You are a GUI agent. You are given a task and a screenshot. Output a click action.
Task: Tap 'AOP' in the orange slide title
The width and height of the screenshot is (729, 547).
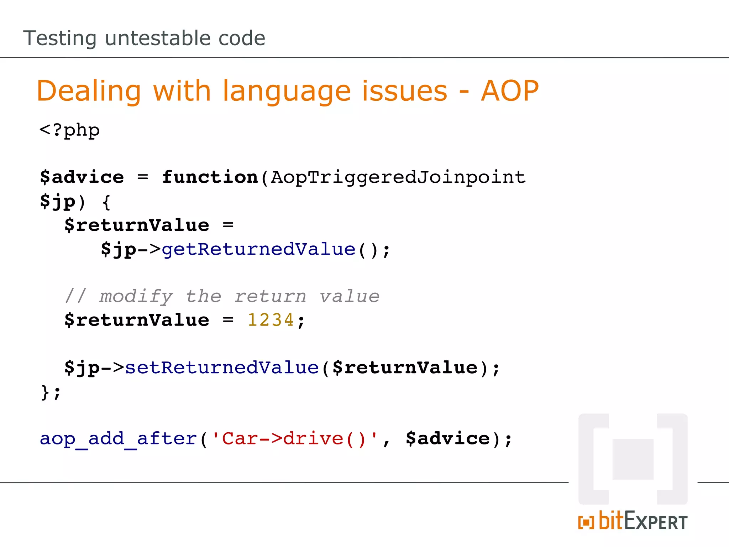point(510,91)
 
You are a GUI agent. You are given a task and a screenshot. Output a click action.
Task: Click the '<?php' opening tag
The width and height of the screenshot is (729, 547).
point(70,130)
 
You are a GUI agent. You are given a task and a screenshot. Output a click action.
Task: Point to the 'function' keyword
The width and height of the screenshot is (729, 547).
point(210,177)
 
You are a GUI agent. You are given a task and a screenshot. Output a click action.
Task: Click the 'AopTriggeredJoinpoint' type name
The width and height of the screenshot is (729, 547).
point(398,177)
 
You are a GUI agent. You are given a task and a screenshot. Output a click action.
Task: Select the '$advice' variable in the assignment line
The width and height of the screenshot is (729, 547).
point(82,177)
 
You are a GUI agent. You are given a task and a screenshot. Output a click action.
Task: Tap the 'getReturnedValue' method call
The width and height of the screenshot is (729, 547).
point(258,249)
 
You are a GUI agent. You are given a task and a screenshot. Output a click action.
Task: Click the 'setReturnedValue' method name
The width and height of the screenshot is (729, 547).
point(222,368)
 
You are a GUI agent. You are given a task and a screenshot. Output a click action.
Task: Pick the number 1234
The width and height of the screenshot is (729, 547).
point(271,320)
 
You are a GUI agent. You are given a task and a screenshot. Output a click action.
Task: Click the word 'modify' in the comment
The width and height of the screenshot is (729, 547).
point(136,297)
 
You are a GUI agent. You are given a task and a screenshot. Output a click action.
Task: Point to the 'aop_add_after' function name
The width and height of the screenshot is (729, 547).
point(118,439)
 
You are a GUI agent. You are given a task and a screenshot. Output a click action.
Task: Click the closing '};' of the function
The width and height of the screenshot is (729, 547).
point(51,392)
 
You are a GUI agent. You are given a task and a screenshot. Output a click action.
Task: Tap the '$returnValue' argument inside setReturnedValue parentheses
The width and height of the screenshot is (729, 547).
point(405,368)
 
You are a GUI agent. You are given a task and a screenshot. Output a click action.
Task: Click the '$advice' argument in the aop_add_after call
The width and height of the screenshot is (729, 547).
point(448,439)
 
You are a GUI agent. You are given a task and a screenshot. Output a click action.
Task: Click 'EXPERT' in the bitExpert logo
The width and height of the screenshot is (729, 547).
point(656,522)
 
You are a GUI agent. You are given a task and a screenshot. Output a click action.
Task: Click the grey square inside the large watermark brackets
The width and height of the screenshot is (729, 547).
point(633,459)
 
